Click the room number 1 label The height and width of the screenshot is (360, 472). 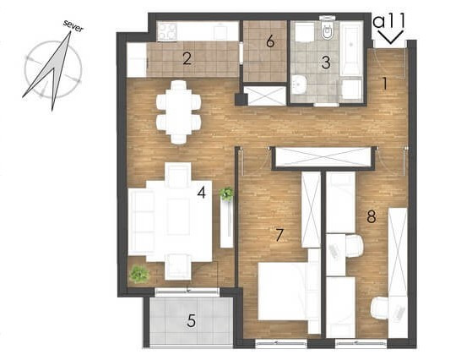tap(384, 84)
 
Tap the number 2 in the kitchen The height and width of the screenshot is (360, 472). tap(187, 59)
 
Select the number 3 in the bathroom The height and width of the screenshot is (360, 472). tap(326, 63)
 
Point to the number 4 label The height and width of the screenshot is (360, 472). tap(202, 193)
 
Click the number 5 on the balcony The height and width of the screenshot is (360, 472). tap(191, 320)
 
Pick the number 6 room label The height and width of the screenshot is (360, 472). tap(270, 41)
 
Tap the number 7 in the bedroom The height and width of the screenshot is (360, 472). tap(279, 235)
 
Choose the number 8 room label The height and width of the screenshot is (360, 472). tap(372, 216)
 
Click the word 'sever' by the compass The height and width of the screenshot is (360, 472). tap(73, 26)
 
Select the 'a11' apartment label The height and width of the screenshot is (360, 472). tap(388, 22)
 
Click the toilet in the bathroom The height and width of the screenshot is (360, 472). tap(327, 28)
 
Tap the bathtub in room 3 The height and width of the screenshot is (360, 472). tap(350, 48)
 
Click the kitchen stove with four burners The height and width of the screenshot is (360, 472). tap(167, 31)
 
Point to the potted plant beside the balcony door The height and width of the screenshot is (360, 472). tap(139, 274)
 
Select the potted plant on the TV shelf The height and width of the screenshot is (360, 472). tap(226, 194)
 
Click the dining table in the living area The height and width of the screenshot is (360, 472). tap(179, 112)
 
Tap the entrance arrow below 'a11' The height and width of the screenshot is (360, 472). tap(391, 36)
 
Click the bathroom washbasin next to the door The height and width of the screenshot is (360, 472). tap(299, 85)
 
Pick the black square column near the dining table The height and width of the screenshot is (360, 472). tap(241, 99)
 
